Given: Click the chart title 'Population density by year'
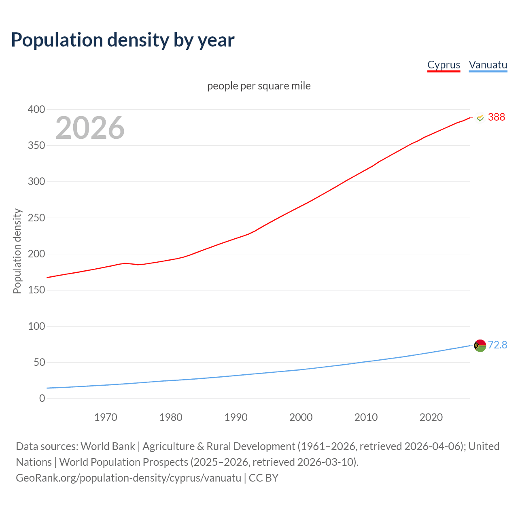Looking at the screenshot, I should coord(123,40).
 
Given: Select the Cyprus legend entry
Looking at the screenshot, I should coord(444,65).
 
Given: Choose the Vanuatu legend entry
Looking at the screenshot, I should coord(488,65).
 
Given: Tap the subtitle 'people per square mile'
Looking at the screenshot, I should coord(259,86).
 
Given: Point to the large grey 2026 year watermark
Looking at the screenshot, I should coord(90,128).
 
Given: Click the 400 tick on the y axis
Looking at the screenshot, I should coord(36,109).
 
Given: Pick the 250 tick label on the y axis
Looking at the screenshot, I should coord(36,218).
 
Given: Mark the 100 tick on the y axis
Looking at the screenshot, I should coord(36,326).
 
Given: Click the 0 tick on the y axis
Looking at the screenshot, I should coord(42,398).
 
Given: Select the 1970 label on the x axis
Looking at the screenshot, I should coord(106,417).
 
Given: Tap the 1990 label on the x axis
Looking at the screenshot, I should coord(236,417).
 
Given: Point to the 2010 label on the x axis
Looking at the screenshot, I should coord(366,417).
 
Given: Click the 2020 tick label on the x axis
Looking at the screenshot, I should coord(431,417).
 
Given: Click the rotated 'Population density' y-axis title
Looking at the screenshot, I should coord(17,251).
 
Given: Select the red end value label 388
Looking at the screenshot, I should coord(496,117).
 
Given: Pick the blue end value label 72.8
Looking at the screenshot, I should coord(497,345).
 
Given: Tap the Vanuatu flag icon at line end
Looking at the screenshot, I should coord(480,346).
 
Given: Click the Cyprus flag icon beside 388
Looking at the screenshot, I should coord(480,118).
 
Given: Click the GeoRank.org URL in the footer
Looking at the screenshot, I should coord(128,478).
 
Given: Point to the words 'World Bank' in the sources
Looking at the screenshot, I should coord(108,446).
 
